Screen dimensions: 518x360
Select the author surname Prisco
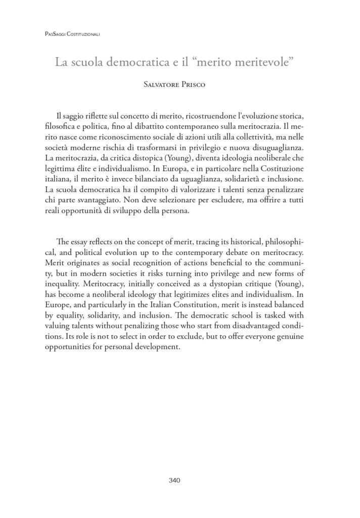(x=199, y=85)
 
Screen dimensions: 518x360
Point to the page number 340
(x=179, y=481)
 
